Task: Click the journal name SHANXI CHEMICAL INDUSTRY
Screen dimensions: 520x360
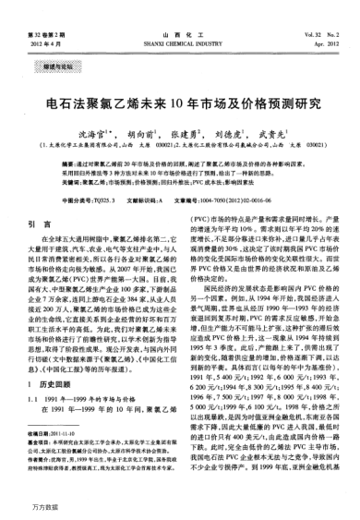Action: click(x=179, y=17)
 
